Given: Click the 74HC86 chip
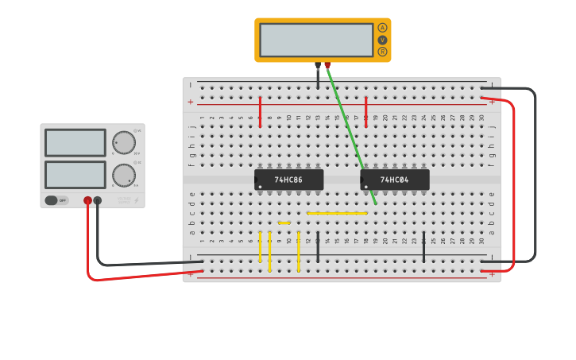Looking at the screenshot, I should coord(288,180).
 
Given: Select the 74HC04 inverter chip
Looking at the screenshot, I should coord(394,180).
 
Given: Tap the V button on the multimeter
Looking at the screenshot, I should coord(382,40).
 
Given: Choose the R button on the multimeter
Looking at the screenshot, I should coord(382,52).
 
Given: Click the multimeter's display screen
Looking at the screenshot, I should coord(315,40).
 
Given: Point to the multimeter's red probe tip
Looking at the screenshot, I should coord(327,66).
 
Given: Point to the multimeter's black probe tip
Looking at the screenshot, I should coord(318,66).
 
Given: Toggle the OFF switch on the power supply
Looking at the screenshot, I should coord(56,200).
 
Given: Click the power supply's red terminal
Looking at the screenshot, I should coord(87,201).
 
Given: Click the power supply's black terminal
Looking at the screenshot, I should coord(98,201).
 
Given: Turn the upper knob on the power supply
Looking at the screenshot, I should coord(123,143).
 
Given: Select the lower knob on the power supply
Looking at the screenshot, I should coord(123,175).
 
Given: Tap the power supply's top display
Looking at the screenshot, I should coord(75,143).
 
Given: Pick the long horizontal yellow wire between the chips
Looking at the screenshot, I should coord(337,213).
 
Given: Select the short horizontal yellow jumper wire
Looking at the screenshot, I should coord(284,223).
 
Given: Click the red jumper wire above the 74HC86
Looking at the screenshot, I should coord(260,111).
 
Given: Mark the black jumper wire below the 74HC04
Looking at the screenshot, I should coord(423,247).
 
